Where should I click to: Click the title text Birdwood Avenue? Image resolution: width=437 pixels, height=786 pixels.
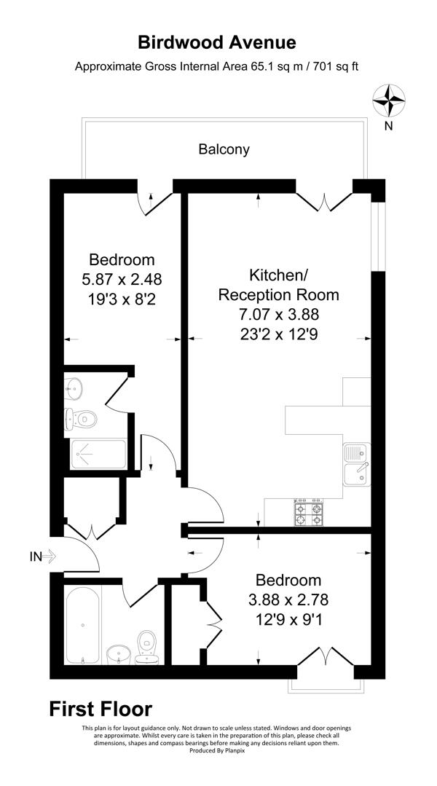(x=218, y=43)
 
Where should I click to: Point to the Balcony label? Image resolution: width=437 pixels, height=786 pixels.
(x=224, y=149)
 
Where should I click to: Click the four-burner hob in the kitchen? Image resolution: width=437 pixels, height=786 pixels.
(x=307, y=512)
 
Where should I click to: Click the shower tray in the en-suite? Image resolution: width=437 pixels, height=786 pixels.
(x=98, y=453)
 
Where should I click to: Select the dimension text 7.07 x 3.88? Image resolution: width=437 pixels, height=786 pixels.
(x=279, y=315)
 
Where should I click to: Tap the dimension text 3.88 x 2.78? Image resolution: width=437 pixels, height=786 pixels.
(x=288, y=600)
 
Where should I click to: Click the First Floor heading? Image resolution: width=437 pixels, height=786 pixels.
(x=101, y=709)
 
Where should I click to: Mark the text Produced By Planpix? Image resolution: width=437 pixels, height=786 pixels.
(x=218, y=751)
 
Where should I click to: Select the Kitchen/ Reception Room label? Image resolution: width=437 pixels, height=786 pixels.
(x=279, y=285)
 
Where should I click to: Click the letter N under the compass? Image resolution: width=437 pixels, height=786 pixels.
(x=389, y=126)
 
